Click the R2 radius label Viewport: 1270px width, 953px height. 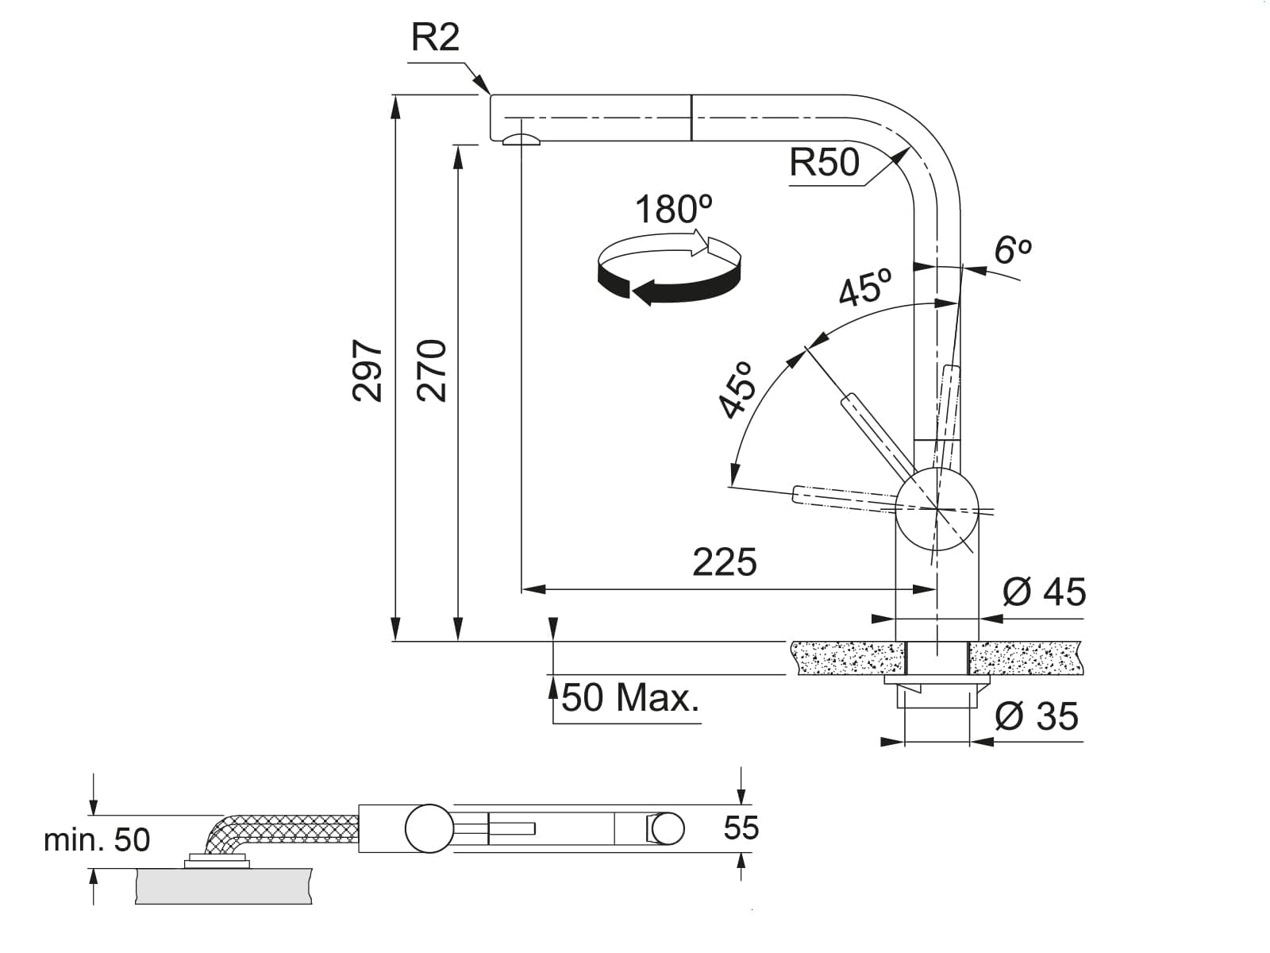[435, 37]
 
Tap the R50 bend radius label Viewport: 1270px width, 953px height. [824, 162]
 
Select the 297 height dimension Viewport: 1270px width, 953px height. [367, 371]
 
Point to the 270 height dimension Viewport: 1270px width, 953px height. [432, 371]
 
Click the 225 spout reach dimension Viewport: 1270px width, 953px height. [725, 561]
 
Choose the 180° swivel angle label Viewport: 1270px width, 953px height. [674, 209]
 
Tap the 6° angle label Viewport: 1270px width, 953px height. [1013, 250]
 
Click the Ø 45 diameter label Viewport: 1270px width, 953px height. [1045, 592]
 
